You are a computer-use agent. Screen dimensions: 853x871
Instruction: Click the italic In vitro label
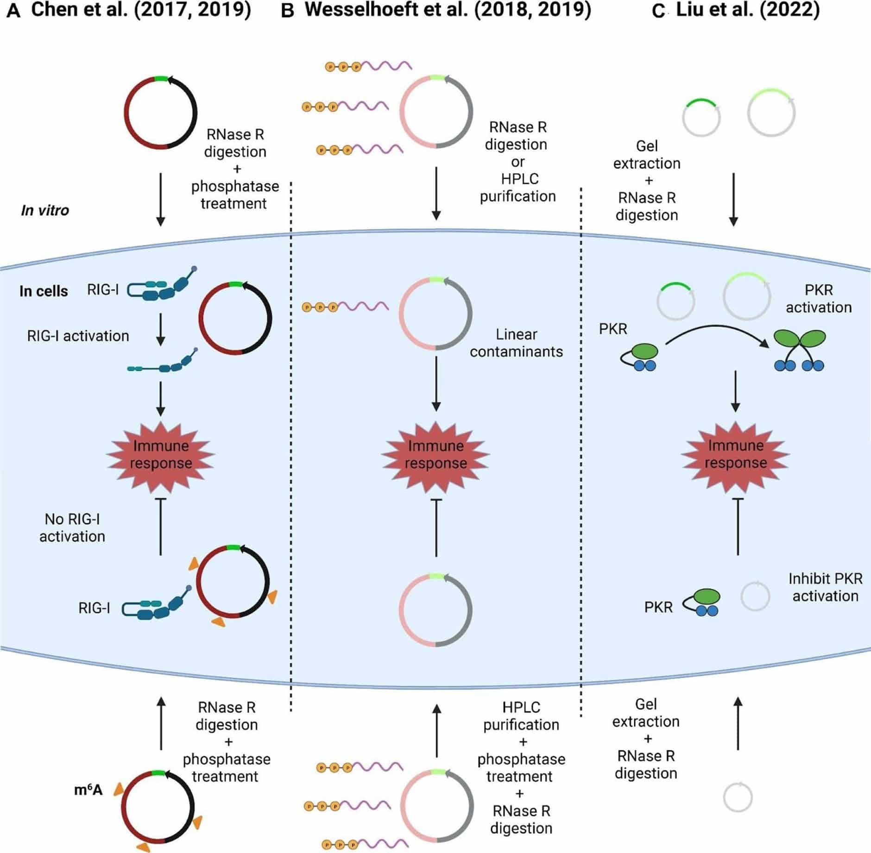coord(45,210)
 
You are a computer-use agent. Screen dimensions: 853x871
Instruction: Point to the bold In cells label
coord(44,291)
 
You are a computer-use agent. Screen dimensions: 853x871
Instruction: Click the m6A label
coord(88,790)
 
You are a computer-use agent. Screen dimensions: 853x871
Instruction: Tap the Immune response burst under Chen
coord(161,455)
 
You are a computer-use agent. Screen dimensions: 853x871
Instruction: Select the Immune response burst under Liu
coord(735,454)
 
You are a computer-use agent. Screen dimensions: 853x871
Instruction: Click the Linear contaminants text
coord(516,343)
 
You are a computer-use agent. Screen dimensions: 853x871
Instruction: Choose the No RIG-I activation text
coord(72,528)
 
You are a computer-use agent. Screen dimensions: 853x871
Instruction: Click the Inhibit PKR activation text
coord(825,587)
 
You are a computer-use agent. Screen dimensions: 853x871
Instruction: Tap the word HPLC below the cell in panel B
coord(521,707)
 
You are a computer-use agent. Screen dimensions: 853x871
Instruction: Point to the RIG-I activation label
coord(78,336)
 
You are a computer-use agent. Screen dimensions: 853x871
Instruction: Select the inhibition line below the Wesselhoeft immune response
coord(436,528)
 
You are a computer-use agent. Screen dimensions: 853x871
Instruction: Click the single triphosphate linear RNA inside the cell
coord(345,307)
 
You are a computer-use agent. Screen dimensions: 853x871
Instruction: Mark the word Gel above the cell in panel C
coord(647,146)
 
